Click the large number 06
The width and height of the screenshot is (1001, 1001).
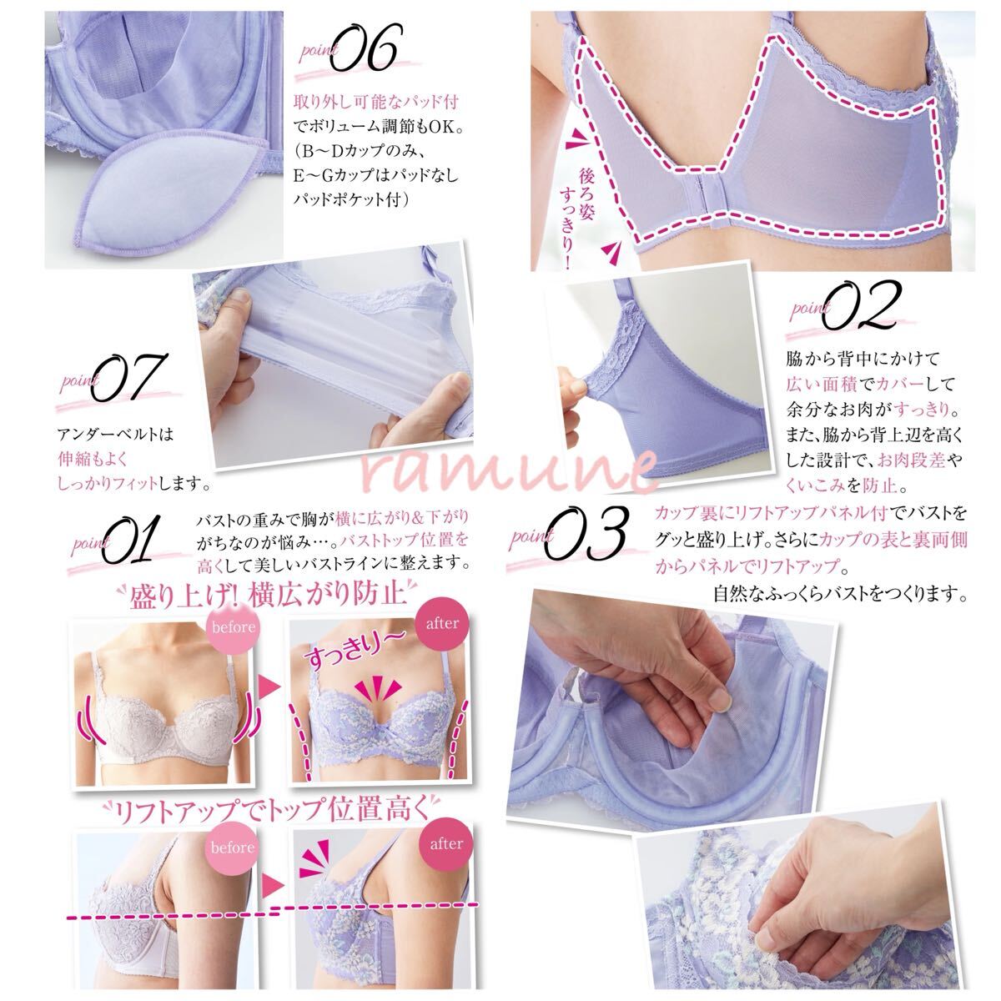point(365,48)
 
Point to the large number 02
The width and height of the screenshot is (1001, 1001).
point(861,305)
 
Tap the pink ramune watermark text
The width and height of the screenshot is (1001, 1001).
point(509,470)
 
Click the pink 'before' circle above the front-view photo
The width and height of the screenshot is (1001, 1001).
point(234,627)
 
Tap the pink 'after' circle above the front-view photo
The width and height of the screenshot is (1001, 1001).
point(442,623)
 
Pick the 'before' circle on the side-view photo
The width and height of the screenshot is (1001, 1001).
point(232,848)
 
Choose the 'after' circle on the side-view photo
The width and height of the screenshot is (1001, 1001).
point(446,844)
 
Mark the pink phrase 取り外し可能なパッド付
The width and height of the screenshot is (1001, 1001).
point(376,101)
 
